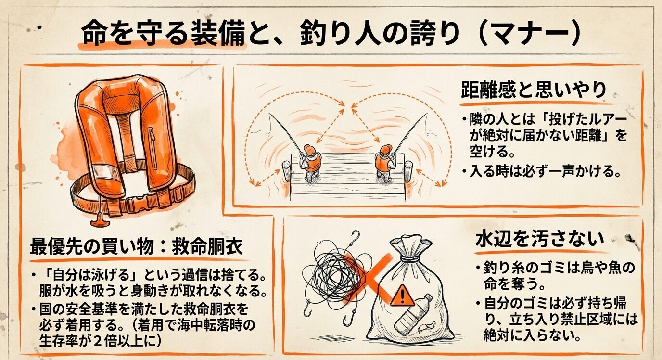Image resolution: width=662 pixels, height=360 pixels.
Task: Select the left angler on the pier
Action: [311, 161]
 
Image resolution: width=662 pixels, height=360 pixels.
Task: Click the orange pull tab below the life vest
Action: [98, 219]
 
